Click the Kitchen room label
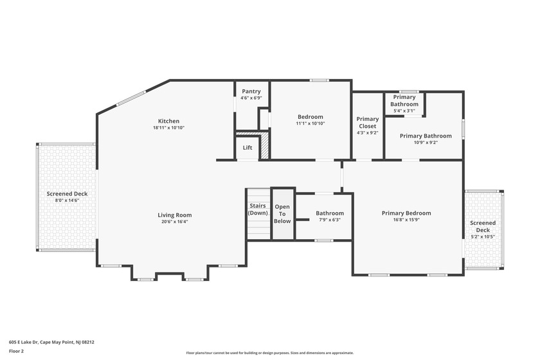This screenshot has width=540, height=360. coord(168,121)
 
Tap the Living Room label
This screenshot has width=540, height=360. coord(175,215)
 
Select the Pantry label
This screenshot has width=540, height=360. coord(251,91)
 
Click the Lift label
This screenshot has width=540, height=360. coord(248,148)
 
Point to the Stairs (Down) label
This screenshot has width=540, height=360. coord(258,210)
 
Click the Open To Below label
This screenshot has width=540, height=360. coord(282,213)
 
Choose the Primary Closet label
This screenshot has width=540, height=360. coord(367,122)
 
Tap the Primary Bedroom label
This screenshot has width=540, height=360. coord(406,213)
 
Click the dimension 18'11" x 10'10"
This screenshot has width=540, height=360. coord(168,128)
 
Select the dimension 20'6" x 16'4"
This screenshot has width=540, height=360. coord(175,222)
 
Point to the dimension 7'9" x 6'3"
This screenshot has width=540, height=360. coord(329,220)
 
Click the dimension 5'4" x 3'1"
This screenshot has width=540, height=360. coord(404,111)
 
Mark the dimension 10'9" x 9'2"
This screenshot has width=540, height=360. coord(425,143)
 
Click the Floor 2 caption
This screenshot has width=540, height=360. coord(16,352)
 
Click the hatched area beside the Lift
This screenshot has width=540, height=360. coord(264,146)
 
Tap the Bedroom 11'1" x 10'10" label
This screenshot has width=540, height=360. coord(310,120)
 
